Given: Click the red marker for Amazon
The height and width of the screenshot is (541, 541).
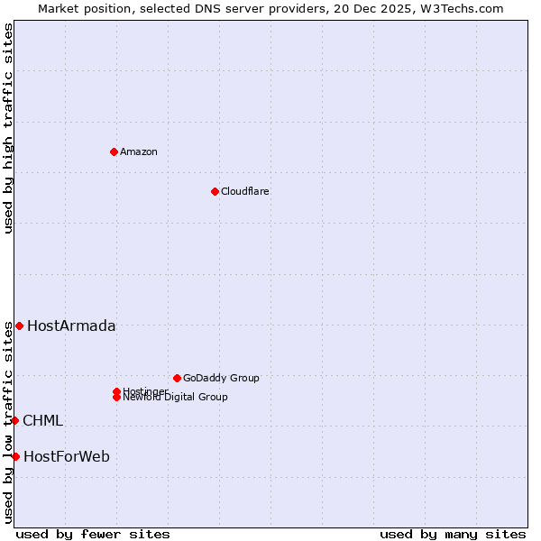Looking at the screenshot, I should point(114,151).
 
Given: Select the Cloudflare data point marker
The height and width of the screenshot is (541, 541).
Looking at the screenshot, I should point(215,191).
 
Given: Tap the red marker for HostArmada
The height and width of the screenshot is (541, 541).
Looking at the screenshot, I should point(19,326).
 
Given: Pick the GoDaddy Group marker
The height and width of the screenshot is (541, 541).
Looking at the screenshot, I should point(177,378).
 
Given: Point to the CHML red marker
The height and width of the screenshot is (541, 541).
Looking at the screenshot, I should point(14,420).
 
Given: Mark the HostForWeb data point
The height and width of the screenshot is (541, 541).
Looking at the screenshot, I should point(15,456).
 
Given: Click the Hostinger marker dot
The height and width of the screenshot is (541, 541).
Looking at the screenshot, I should point(116,391).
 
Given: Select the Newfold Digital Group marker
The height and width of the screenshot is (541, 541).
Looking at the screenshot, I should point(116,398).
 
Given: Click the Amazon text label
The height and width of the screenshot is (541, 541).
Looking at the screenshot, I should point(139,151).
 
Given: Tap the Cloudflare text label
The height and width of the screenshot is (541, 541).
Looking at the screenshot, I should point(245,191).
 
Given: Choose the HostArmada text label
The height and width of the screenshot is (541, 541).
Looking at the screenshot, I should point(71,326).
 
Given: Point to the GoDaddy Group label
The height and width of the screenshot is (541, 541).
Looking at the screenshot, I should point(221,378).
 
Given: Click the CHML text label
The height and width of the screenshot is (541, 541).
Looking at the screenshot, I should point(42,420).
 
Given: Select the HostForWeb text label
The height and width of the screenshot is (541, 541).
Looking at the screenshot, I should point(67,456).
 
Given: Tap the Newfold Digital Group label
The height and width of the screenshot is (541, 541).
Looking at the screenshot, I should point(176,398).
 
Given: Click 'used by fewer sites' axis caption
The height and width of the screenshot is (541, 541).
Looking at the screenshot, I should point(93,534).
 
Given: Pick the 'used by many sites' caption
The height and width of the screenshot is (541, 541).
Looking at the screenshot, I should point(453,534).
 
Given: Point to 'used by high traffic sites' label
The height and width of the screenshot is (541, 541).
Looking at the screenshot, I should point(8,128).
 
